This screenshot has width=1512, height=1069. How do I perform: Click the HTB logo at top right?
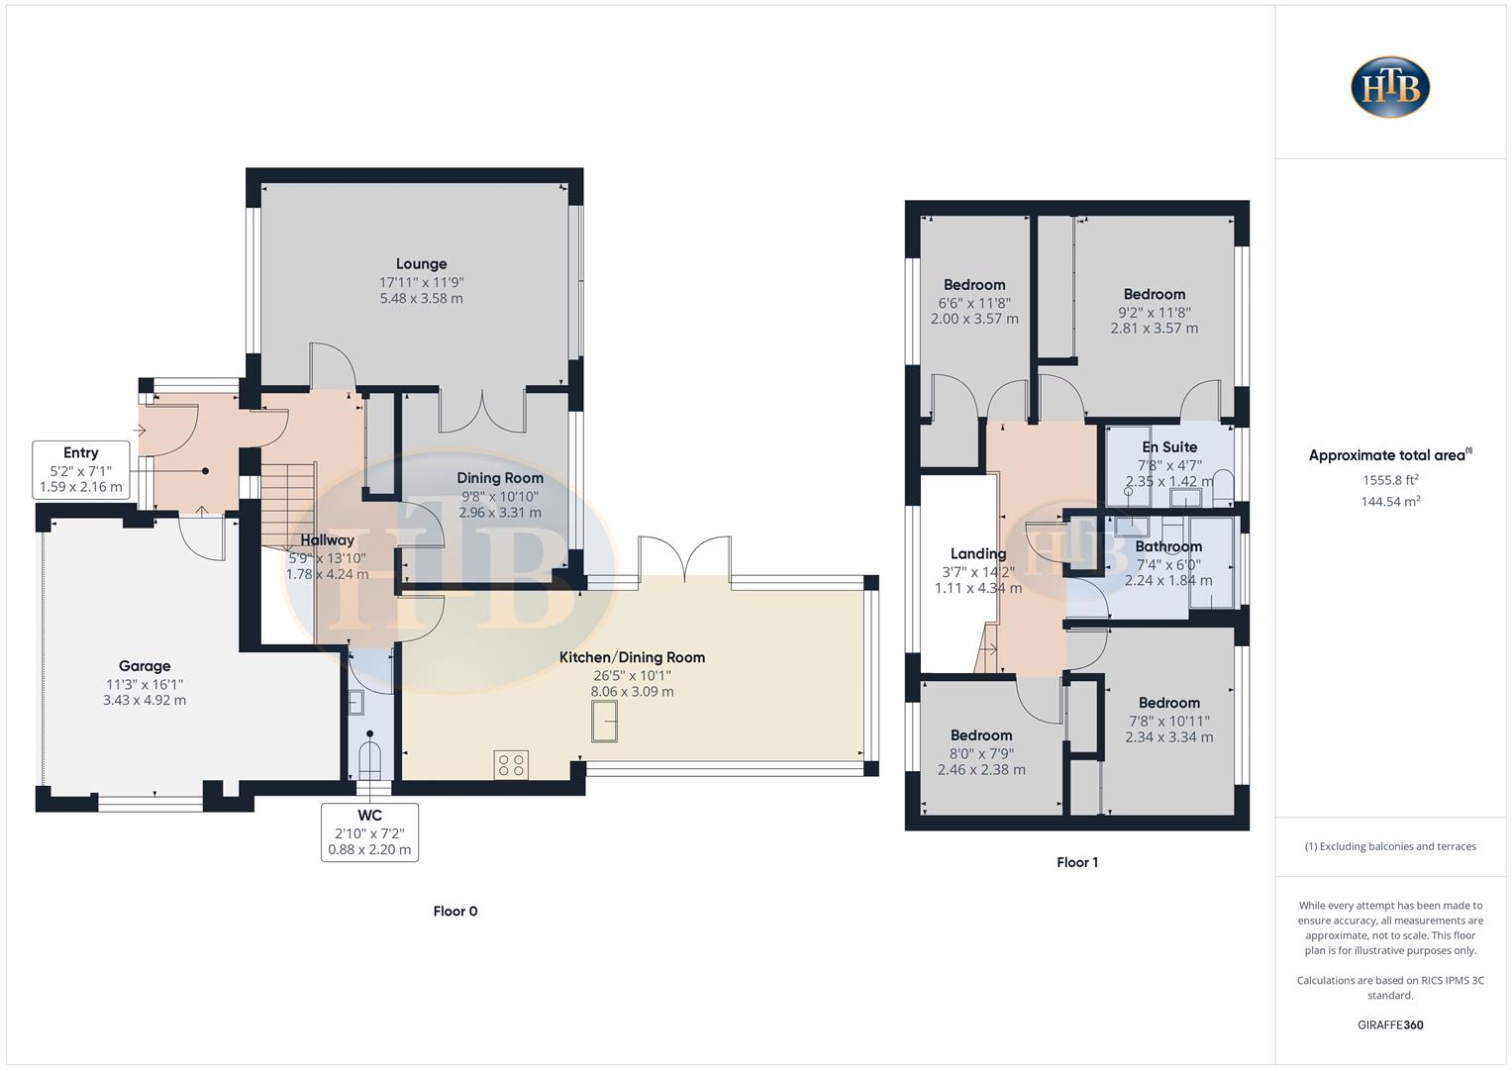(1390, 87)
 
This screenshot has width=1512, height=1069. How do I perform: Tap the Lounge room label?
(421, 264)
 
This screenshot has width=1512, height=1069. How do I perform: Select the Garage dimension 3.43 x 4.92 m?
(145, 700)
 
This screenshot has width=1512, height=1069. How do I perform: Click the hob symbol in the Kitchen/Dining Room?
(511, 764)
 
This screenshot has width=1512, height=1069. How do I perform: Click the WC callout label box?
(369, 832)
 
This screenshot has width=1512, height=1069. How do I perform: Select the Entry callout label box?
(81, 469)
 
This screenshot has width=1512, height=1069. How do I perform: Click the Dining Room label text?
(500, 478)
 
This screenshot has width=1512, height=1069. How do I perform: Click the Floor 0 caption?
(455, 911)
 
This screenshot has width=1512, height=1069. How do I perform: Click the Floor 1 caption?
(1077, 862)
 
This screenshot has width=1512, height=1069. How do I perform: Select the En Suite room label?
(1169, 447)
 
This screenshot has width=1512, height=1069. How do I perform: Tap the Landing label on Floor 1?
(978, 554)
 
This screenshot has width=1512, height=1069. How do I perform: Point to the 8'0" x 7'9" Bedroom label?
(981, 735)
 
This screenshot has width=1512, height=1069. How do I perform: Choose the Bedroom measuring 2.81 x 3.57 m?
(1154, 294)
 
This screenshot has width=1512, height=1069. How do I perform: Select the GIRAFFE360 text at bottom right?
(1390, 1024)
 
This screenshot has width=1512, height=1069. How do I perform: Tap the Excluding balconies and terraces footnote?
(1390, 846)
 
